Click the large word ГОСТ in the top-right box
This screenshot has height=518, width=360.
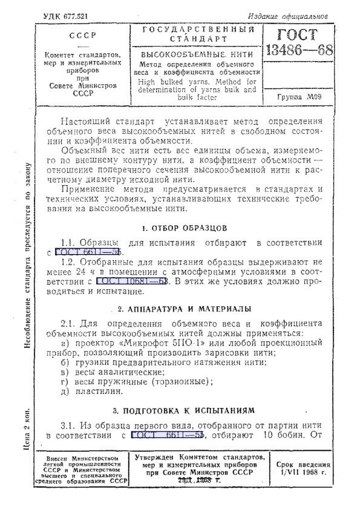pos(300,34)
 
